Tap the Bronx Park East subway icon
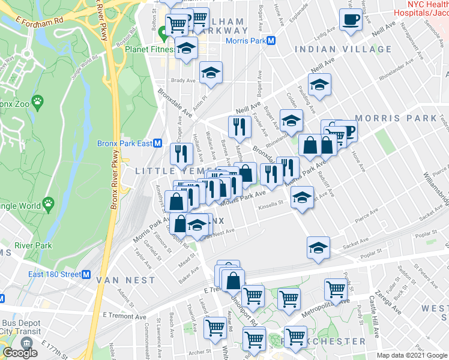tap(158, 143)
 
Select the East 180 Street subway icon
tap(86, 275)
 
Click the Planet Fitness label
tap(149, 49)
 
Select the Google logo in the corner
tap(20, 353)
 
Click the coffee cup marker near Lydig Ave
tap(350, 20)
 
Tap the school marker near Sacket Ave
tap(319, 247)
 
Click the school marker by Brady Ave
tap(210, 73)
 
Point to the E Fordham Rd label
tap(39, 21)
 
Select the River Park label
tap(34, 245)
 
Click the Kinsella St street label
tap(270, 204)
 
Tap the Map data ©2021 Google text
tap(412, 355)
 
